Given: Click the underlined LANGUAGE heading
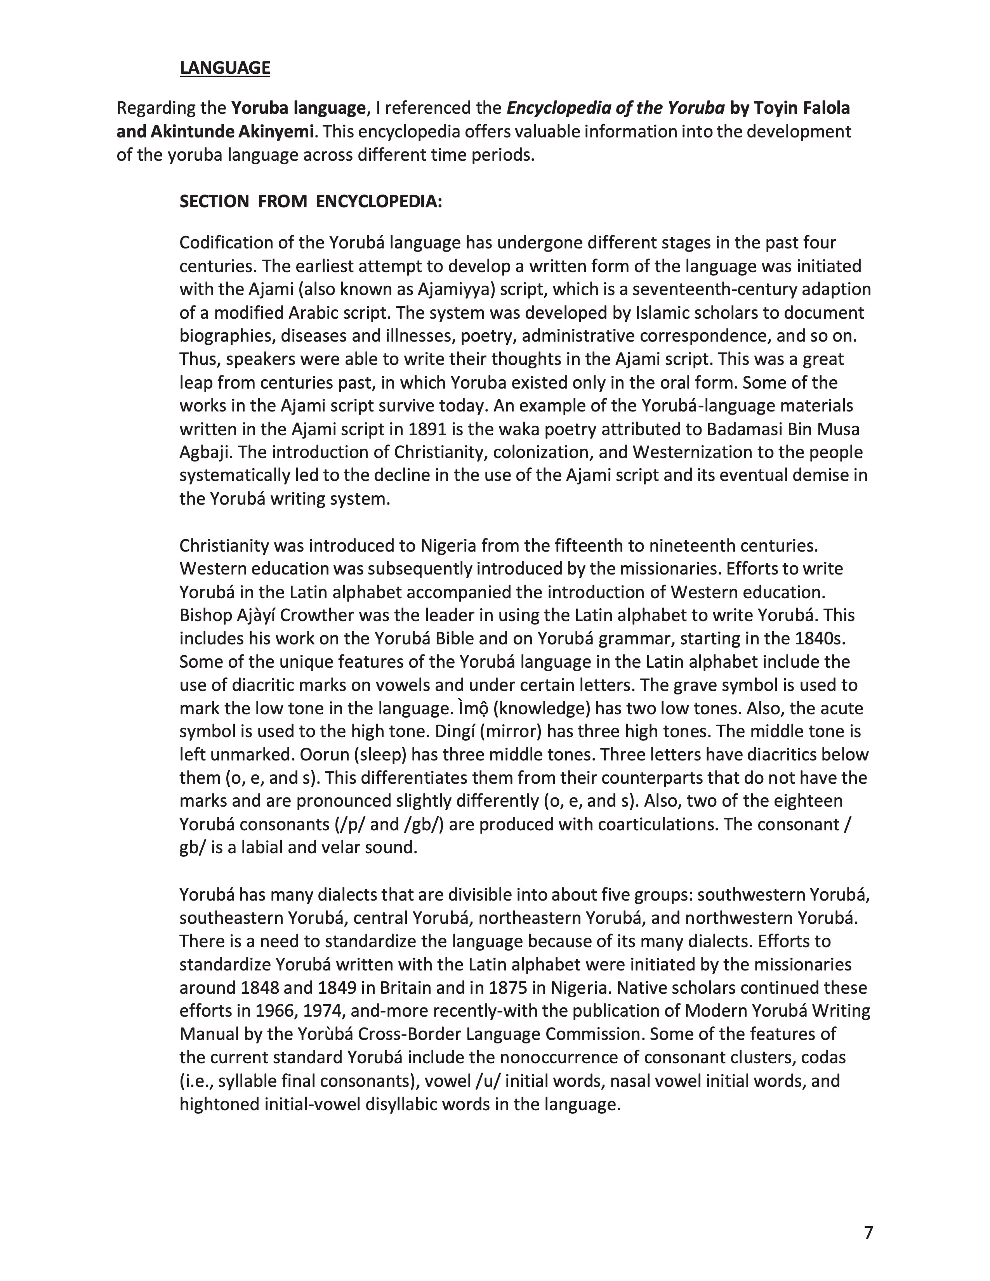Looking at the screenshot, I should click(x=225, y=68).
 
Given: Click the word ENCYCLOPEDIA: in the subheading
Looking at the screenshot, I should click(x=379, y=202).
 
